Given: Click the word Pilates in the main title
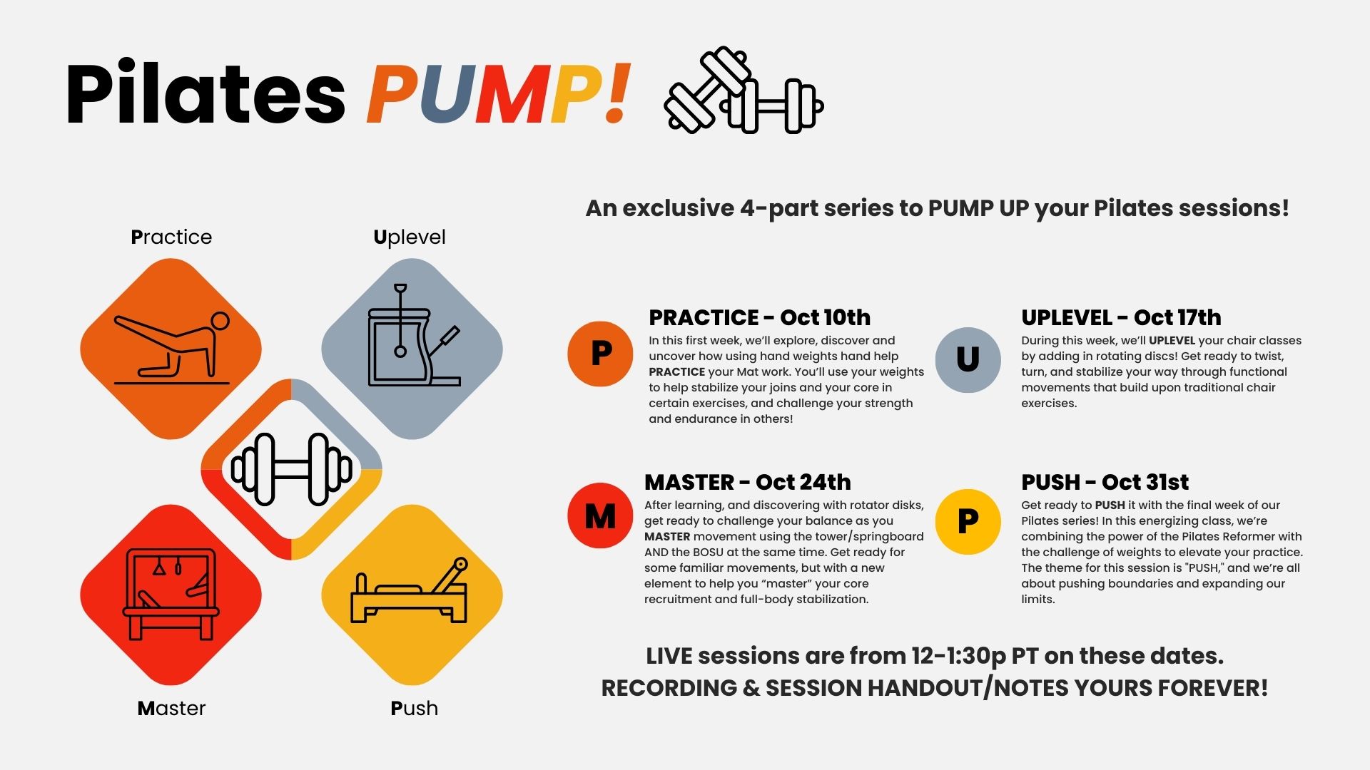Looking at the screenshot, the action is coord(205,94).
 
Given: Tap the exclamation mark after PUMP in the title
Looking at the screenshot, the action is coord(616,93).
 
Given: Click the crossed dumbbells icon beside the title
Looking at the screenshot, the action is coord(744,91).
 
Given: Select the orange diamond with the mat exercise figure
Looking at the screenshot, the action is coord(171,349).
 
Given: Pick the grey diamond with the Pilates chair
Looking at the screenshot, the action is coord(412,349).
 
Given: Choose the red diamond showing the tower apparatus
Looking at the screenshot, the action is coord(171,595).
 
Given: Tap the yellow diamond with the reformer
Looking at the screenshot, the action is coord(412,595).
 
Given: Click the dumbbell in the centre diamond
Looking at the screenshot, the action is coord(291,469).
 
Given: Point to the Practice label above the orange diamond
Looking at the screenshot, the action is coord(171,237).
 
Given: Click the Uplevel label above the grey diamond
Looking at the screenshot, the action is coord(410,237).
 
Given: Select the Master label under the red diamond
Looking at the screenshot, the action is coord(171,708).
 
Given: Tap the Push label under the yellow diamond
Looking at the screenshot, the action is coord(414,708).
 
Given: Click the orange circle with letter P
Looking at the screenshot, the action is coord(600,354).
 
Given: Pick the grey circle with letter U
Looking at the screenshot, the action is coord(968,360).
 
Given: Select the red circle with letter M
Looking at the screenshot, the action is coord(600,515).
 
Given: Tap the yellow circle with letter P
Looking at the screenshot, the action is coord(968,522).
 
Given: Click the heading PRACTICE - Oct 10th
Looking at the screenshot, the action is coord(760,317).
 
